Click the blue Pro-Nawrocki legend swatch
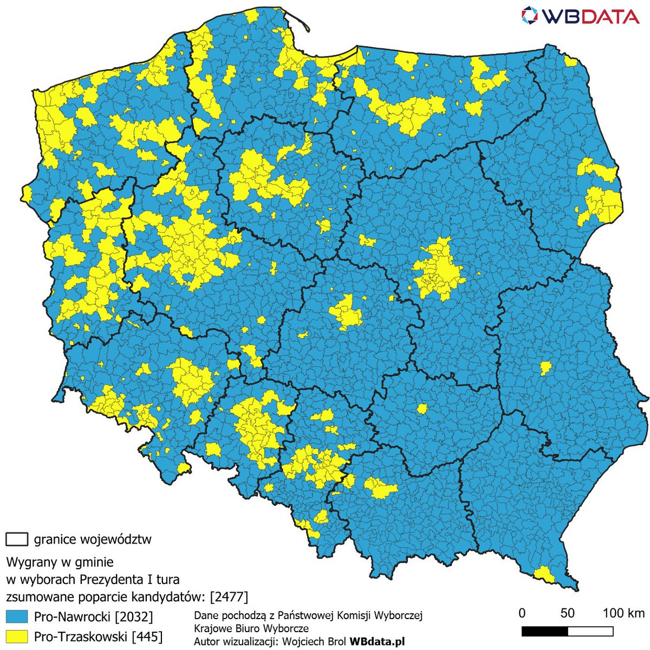(x=16, y=616)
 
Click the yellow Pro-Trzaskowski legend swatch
(x=16, y=635)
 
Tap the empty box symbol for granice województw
(x=17, y=539)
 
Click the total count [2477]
(x=229, y=597)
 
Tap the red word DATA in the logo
(x=608, y=16)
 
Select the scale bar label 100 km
(x=623, y=613)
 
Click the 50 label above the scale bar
(x=567, y=613)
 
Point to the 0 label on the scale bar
(x=522, y=613)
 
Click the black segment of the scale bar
(x=544, y=632)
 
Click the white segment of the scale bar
(x=590, y=632)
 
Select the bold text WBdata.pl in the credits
(x=377, y=641)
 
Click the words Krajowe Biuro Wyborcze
(x=251, y=628)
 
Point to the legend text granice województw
(x=93, y=539)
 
